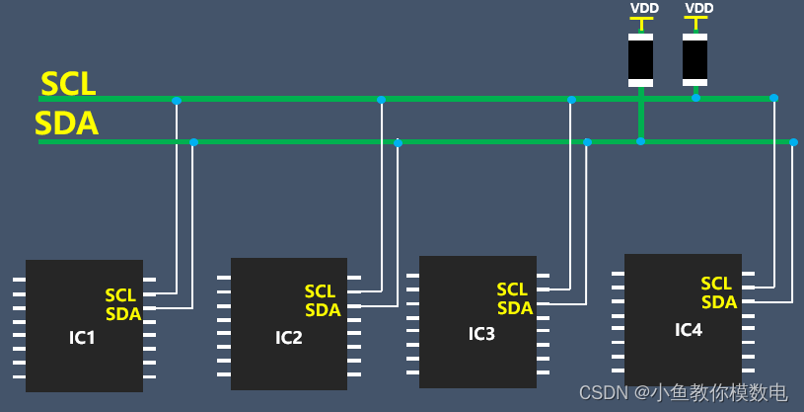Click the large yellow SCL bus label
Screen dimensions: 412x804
pos(68,84)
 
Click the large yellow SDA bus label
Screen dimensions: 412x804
pos(66,124)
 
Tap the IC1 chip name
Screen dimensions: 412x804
pos(82,338)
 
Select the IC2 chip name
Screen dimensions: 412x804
pos(288,338)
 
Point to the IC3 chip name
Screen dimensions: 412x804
pos(481,333)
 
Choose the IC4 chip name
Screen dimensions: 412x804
pos(689,329)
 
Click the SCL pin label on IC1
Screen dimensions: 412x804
pos(120,295)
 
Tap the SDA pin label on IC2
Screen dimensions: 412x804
pos(323,310)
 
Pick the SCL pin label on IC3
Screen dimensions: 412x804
pos(512,289)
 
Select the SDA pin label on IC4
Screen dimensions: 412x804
pos(719,302)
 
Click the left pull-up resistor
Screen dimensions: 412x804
pos(640,59)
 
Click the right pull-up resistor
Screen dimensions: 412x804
pos(694,59)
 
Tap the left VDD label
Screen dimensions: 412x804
pos(643,9)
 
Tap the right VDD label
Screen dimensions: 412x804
pos(698,9)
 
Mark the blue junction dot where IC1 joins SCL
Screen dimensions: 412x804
pos(177,100)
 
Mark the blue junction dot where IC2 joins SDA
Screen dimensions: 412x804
pos(398,143)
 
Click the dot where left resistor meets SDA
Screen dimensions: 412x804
pos(640,141)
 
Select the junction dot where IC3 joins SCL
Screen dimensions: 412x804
pos(571,99)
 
